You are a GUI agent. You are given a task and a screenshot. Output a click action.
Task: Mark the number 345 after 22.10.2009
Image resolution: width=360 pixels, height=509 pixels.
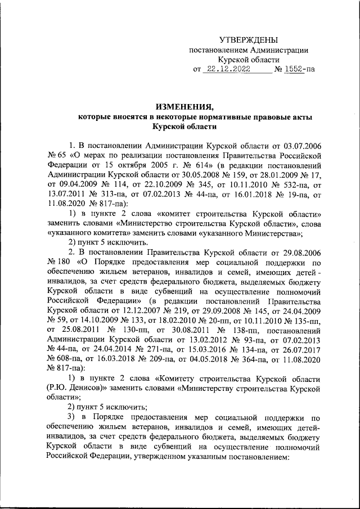(x=206, y=185)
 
